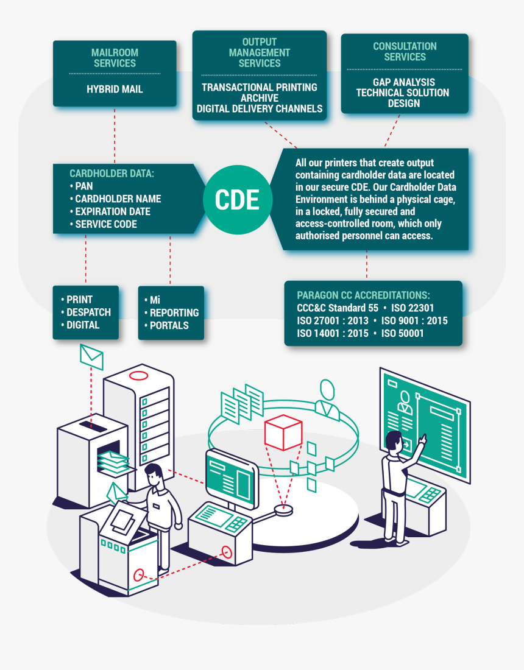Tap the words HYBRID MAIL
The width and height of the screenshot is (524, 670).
115,89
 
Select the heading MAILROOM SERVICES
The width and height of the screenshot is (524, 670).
115,58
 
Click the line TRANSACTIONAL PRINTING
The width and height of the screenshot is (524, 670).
260,87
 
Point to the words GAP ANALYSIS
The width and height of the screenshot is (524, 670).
404,82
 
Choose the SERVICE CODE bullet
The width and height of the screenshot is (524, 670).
105,224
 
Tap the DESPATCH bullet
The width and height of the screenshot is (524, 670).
88,312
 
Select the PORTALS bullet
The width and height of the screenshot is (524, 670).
169,325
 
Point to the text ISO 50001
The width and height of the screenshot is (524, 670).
402,333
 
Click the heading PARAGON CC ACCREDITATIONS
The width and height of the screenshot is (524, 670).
363,295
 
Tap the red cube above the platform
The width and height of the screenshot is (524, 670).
283,432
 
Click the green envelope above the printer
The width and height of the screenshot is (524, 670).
92,357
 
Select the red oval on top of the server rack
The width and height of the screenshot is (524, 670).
138,376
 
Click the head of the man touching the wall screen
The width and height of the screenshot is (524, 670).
395,440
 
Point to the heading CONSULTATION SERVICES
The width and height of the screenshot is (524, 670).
405,52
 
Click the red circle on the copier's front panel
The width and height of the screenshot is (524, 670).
139,574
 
